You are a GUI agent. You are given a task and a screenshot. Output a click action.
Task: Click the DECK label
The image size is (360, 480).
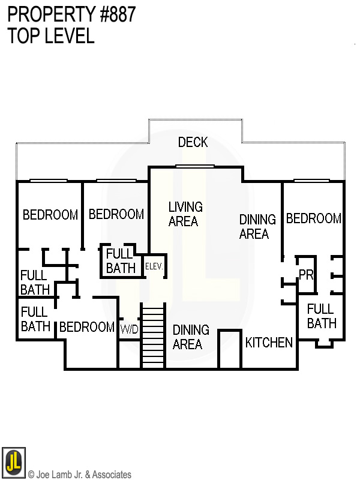click(193, 142)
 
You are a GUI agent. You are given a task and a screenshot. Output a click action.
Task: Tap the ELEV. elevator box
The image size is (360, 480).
click(154, 265)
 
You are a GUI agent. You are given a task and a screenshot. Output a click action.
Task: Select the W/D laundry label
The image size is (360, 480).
click(130, 329)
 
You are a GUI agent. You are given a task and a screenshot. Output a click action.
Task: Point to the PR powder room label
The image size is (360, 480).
click(306, 274)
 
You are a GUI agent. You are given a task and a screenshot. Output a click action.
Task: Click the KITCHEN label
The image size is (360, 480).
click(269, 343)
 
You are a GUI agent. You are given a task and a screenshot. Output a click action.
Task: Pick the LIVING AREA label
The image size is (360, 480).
click(185, 214)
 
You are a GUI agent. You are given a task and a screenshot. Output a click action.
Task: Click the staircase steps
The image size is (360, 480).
click(152, 336)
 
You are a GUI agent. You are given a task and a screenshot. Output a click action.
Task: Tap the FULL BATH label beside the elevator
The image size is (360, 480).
click(121, 261)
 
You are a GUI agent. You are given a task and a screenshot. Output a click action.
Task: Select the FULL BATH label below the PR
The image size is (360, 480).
click(321, 316)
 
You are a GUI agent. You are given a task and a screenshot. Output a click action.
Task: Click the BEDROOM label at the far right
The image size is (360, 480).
click(314, 219)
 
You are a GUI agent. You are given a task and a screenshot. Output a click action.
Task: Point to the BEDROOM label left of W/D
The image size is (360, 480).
click(86, 327)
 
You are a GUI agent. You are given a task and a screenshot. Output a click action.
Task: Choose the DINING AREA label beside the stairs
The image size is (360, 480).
click(191, 337)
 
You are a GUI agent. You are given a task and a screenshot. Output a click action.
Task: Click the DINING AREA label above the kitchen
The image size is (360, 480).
click(257, 226)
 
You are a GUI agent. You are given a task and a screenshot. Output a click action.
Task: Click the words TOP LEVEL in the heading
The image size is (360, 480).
click(51, 35)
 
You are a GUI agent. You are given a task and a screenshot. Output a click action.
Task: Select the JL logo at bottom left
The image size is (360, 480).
click(13, 462)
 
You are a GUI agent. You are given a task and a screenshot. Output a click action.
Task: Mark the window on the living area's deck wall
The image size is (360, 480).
click(195, 166)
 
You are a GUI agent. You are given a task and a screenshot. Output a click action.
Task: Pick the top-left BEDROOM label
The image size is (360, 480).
click(50, 214)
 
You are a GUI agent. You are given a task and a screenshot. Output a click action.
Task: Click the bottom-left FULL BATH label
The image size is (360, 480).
click(35, 319)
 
